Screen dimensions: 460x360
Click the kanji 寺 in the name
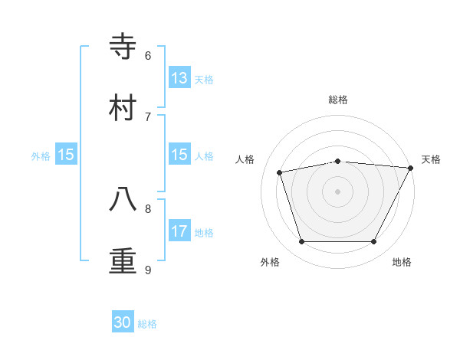tap(123, 47)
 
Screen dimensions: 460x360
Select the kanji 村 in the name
tap(123, 108)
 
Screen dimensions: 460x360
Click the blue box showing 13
tap(179, 78)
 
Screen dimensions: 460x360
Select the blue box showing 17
tap(179, 231)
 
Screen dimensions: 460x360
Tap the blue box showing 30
tap(123, 323)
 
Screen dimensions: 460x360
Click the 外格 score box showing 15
tap(66, 155)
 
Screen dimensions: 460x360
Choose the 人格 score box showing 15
tap(179, 155)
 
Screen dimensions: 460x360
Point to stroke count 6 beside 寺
tap(148, 56)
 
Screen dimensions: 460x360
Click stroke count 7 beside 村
tap(148, 116)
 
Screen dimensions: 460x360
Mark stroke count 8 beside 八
tap(148, 208)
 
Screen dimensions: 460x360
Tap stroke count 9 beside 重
tap(148, 270)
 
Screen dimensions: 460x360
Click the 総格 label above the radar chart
tap(338, 100)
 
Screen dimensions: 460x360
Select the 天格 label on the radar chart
tap(431, 159)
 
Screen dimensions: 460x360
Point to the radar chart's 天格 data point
tap(411, 168)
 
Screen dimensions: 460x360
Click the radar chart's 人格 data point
tap(280, 172)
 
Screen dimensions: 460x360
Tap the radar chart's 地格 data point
tap(373, 241)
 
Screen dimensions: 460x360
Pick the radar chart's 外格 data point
tap(301, 241)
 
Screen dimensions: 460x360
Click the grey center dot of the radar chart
tap(337, 191)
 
